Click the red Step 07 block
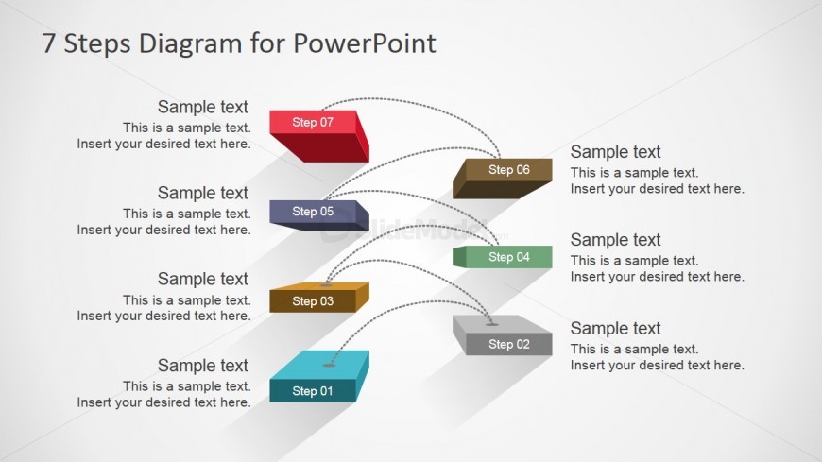318,135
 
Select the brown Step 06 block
503,179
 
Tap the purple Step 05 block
318,215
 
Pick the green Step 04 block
503,257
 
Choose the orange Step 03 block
318,298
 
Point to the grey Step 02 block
503,335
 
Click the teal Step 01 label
313,391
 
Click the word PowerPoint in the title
365,43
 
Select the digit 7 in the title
48,43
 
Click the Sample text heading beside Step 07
203,107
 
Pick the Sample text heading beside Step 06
615,152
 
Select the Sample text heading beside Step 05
203,193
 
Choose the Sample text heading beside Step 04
615,240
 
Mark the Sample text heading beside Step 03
203,279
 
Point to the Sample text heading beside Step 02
615,328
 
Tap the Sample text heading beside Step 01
203,366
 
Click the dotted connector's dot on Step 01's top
329,365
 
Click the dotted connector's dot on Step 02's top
491,324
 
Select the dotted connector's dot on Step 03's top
326,284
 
